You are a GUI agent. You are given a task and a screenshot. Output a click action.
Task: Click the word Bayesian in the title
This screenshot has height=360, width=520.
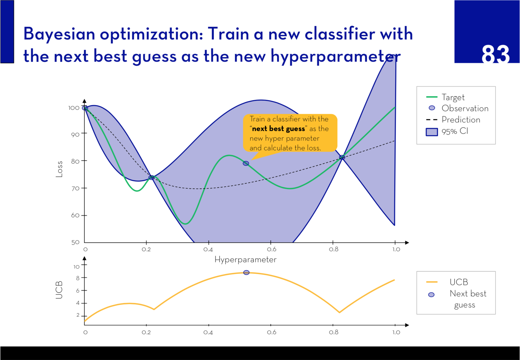pos(59,34)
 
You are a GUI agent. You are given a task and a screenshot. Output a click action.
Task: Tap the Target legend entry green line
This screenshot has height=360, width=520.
pos(432,97)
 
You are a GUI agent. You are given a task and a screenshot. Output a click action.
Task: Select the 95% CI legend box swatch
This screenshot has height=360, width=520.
pos(432,132)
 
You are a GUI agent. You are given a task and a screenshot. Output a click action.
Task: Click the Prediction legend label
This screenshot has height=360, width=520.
pos(461,120)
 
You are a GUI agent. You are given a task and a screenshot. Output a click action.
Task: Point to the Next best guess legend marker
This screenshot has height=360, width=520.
pos(431,295)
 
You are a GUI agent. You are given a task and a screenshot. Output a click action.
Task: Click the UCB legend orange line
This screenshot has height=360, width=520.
pos(432,282)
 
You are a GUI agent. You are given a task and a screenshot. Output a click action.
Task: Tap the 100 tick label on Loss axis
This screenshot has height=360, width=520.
pos(74,108)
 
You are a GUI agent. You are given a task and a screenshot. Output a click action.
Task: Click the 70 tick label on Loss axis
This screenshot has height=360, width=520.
pos(75,188)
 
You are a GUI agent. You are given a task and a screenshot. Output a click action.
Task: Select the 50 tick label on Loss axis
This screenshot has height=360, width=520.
pos(75,242)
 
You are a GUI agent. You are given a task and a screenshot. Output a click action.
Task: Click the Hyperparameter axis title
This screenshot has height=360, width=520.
pos(245,260)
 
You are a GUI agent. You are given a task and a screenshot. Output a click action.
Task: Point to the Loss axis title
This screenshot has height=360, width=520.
pos(59,169)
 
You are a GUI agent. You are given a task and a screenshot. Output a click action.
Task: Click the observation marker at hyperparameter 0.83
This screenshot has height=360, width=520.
pos(342,157)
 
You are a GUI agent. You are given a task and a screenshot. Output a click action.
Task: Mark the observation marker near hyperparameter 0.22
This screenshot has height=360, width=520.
pos(151,177)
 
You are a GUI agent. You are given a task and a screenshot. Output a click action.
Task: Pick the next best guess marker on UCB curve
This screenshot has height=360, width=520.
pos(246,272)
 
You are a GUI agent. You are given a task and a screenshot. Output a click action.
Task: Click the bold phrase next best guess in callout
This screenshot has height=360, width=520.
pos(278,129)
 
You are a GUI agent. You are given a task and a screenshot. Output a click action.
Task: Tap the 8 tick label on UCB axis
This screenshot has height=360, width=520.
pos(78,278)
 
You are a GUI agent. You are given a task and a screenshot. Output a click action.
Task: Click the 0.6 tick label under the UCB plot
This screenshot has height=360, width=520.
pos(272,332)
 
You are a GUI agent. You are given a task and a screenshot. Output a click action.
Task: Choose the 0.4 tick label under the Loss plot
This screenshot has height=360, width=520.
pos(208,249)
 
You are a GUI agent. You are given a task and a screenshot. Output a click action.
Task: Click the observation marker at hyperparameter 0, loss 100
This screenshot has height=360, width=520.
pos(85,108)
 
